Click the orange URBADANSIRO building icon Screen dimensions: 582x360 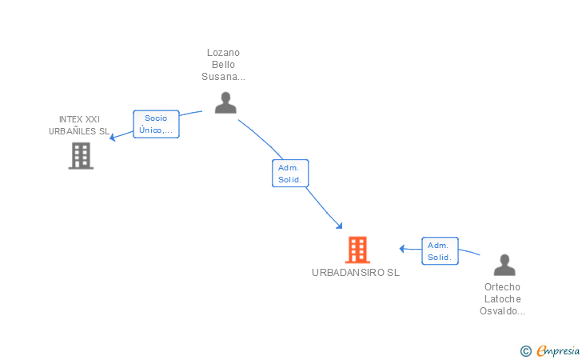click(357, 250)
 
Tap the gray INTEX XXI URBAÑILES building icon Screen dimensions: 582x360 click(81, 156)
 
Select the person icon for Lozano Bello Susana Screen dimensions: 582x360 click(225, 102)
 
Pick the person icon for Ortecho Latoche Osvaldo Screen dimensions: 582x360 click(504, 265)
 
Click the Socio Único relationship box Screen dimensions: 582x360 click(156, 124)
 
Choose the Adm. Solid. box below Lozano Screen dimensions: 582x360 click(290, 174)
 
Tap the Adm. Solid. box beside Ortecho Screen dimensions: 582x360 click(440, 251)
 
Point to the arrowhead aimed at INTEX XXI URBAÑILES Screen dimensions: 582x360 click(112, 138)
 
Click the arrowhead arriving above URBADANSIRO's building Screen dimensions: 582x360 click(339, 226)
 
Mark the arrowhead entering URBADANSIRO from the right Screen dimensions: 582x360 click(402, 249)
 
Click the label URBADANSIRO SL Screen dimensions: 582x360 click(356, 273)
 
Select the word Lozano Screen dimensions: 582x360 click(223, 53)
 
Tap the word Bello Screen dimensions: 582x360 click(223, 65)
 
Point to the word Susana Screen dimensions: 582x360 click(221, 77)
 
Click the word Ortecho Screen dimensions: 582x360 click(502, 287)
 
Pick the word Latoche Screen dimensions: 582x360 click(503, 299)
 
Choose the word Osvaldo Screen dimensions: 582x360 click(499, 311)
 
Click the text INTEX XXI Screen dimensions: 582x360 click(79, 119)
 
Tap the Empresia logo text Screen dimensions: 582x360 click(558, 350)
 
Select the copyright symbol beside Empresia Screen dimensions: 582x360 click(526, 351)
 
